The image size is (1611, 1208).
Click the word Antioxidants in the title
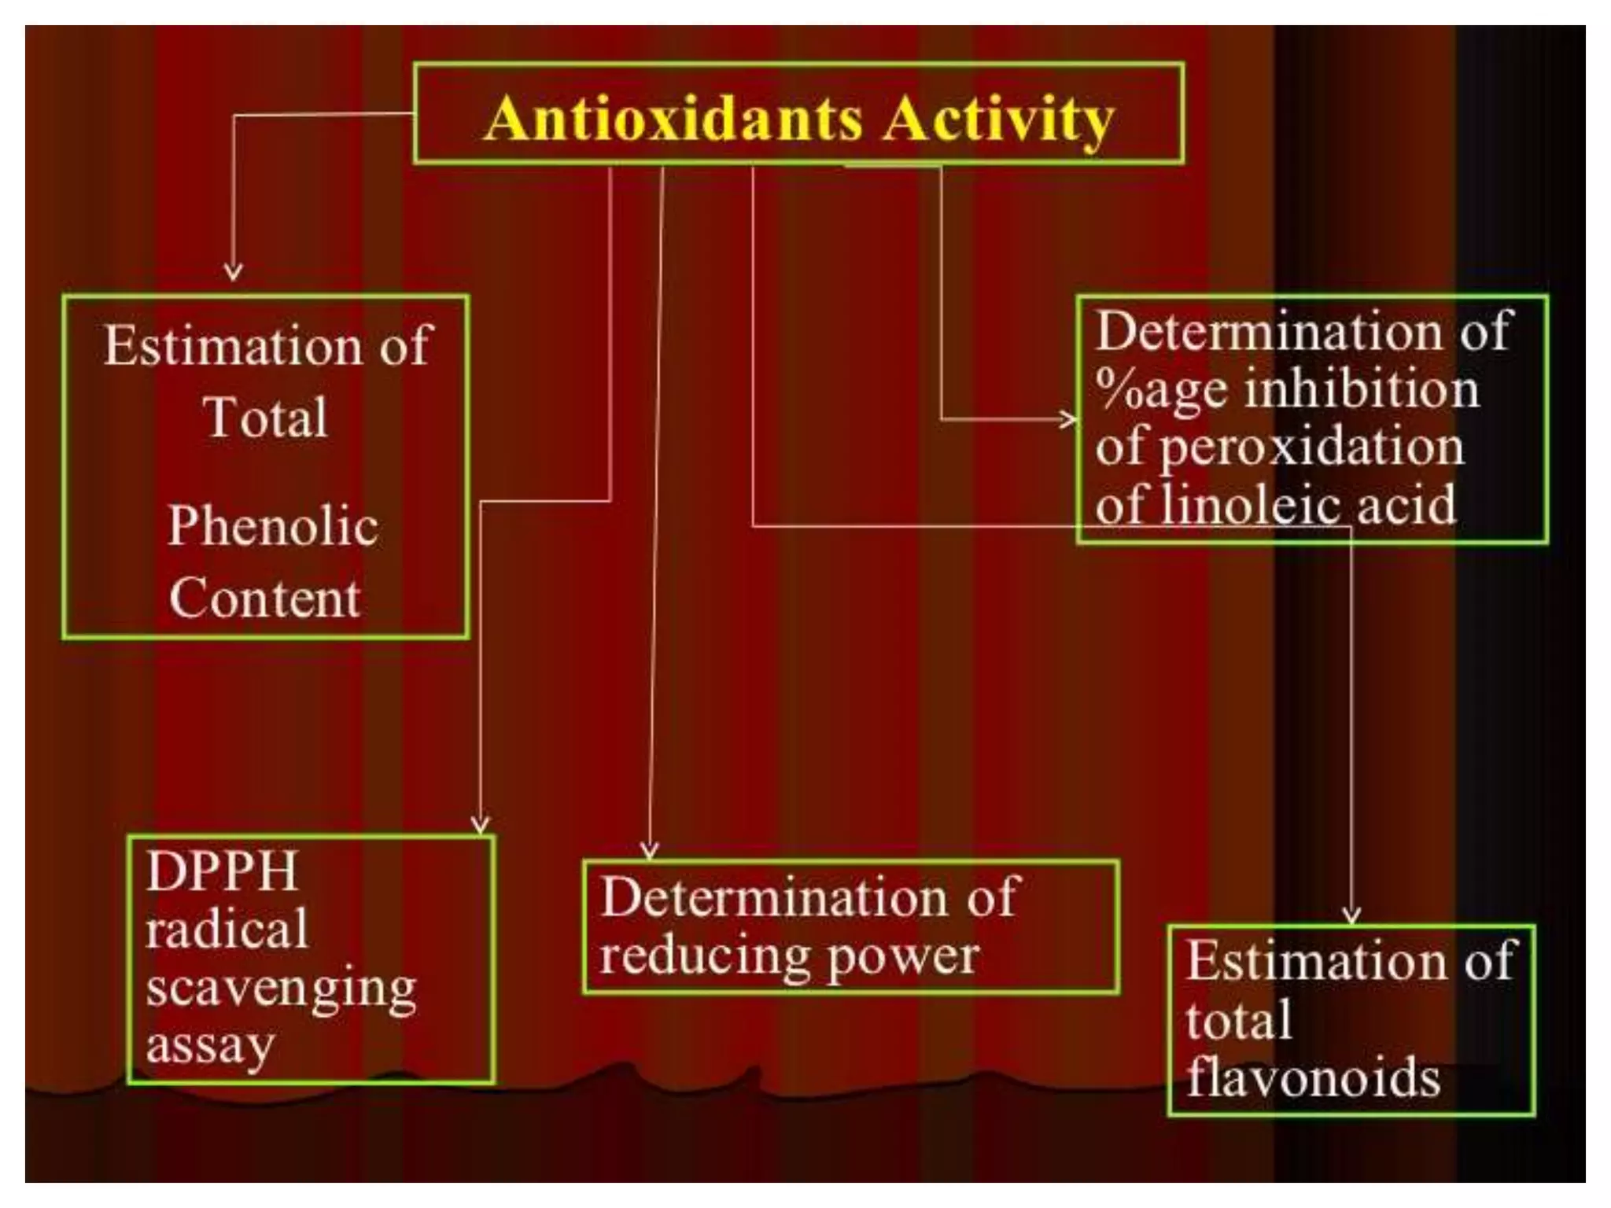click(673, 120)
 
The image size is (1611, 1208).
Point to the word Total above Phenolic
click(265, 416)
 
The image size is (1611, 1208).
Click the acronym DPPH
click(222, 871)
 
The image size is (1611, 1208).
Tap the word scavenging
click(281, 989)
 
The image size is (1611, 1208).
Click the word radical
click(227, 930)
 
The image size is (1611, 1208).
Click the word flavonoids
click(1313, 1077)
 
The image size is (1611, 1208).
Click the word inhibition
click(1362, 389)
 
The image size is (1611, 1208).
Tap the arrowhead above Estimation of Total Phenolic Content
click(233, 272)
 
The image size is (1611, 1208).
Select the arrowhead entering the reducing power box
click(649, 851)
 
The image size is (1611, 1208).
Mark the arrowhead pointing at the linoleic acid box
click(1068, 419)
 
